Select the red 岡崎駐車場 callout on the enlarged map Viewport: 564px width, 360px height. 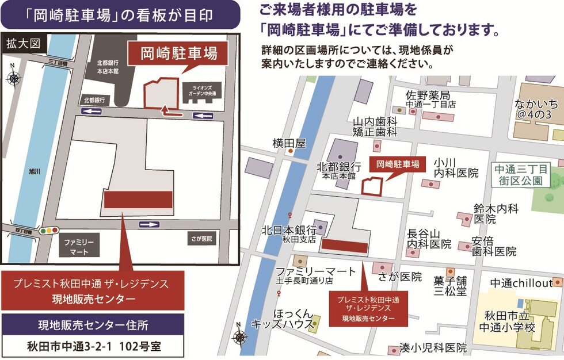tap(178, 54)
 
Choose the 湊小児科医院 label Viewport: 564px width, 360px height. tap(433, 348)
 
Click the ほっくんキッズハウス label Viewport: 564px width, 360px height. tap(281, 319)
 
